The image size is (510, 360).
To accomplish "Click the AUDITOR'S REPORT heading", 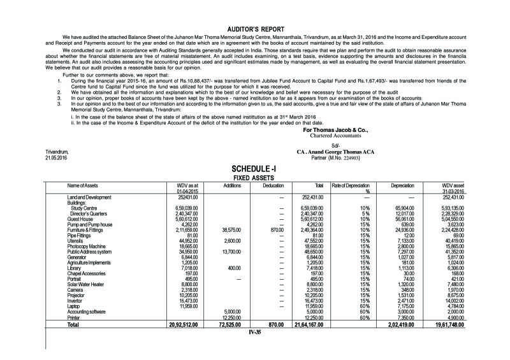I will [x=254, y=29].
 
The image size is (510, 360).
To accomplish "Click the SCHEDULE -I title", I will [x=254, y=168].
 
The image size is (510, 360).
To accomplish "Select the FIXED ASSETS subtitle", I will [x=254, y=177].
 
